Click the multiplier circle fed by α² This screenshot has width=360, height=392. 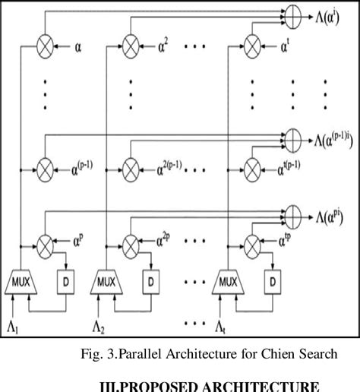coord(133,46)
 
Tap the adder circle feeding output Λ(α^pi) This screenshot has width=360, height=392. coord(292,212)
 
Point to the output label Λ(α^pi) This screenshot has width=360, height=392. coord(327,213)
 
